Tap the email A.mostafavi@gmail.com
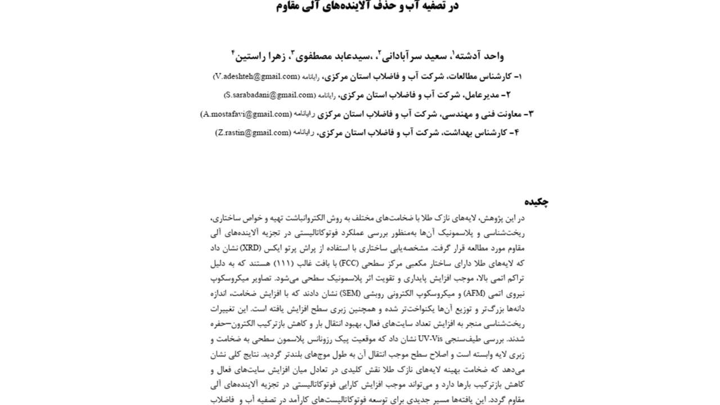[246, 114]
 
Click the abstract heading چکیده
[537, 201]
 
